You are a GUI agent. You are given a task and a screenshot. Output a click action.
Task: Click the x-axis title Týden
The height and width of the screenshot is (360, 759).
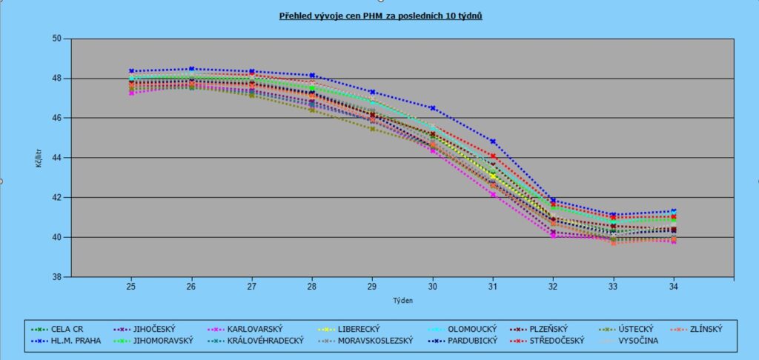pyautogui.click(x=402, y=301)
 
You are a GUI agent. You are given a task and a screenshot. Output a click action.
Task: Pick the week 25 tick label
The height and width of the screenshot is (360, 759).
pyautogui.click(x=131, y=286)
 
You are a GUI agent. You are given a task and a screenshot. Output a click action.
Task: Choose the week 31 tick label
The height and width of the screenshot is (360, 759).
pyautogui.click(x=493, y=286)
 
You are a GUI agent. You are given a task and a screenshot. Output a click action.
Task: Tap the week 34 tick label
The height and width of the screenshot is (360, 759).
pyautogui.click(x=673, y=286)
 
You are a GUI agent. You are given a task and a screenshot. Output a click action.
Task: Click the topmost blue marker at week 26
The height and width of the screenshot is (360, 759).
pyautogui.click(x=191, y=69)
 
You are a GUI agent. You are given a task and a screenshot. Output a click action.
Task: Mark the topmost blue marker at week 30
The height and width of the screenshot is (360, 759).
pyautogui.click(x=433, y=108)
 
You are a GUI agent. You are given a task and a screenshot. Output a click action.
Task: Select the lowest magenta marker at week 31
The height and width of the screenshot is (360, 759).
pyautogui.click(x=493, y=195)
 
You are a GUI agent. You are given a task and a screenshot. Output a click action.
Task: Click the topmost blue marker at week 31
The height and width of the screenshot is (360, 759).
pyautogui.click(x=493, y=141)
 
